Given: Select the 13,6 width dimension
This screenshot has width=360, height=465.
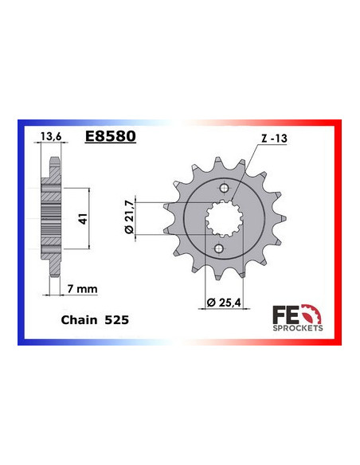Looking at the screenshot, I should click(x=49, y=136).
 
